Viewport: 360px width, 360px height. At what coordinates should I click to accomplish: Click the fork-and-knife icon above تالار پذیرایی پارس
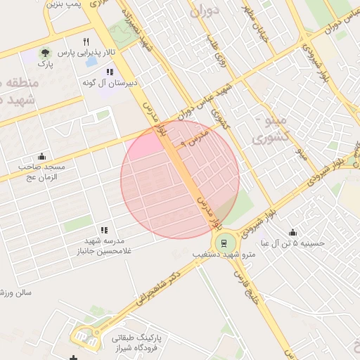pos(86,41)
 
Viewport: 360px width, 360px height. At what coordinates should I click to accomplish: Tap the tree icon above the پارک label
pos(45,53)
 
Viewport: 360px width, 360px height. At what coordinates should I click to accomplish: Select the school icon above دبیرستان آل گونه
pos(109,72)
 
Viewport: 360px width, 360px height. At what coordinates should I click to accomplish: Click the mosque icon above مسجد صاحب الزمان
pos(41,156)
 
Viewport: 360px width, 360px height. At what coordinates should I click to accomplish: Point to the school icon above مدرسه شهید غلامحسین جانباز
pos(104,230)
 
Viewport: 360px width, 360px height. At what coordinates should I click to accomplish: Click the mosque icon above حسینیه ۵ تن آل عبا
pos(292,233)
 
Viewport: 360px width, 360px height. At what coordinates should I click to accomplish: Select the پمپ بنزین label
pos(67,5)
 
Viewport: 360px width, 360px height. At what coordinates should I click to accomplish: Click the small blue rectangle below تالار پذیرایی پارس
pos(91,62)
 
